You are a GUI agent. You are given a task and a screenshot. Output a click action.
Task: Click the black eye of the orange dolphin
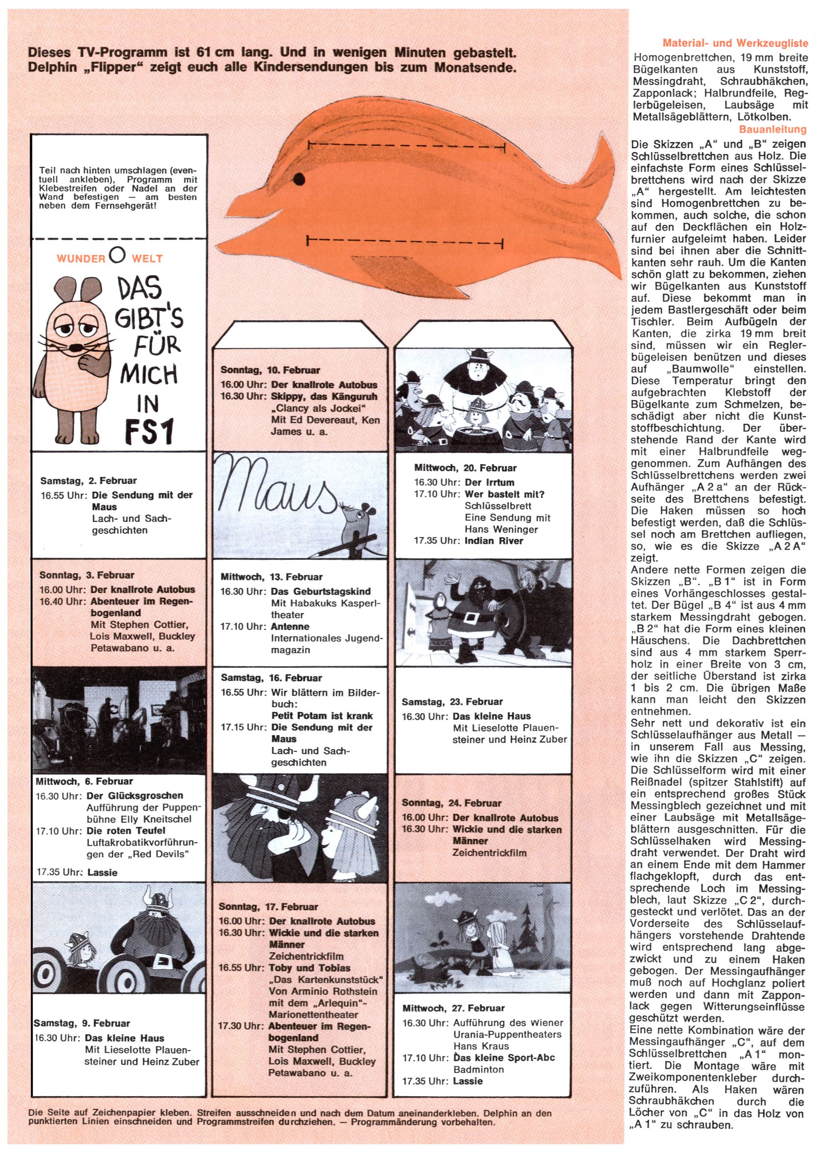coord(299,179)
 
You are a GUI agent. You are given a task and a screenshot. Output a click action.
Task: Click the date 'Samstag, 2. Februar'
coord(88,480)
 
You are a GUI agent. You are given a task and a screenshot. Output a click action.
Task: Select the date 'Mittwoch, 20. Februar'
coord(465,468)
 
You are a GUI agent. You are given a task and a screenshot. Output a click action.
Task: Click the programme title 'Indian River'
coord(494,541)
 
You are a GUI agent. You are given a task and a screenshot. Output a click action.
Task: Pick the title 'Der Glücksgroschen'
coord(135,795)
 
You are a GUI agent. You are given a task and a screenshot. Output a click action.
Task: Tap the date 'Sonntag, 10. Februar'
coord(270,370)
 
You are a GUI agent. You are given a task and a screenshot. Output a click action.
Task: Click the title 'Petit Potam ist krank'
coord(322,715)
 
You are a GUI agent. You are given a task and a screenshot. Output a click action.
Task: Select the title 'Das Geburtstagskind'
coord(321,591)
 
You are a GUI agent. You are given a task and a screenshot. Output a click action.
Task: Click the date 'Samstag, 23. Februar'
coord(452,702)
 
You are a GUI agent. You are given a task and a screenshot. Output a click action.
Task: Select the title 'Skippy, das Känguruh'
coord(324,396)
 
